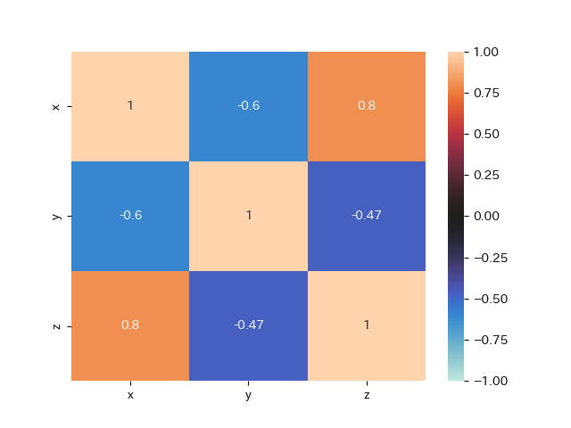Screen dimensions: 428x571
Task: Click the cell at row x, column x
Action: (130, 106)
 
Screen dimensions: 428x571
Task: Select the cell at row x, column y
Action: (248, 106)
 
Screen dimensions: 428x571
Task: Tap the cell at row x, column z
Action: (367, 106)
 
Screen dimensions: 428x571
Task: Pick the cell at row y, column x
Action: (130, 216)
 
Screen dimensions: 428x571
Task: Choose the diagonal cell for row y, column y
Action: (248, 216)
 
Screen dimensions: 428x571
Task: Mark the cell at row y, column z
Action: (367, 216)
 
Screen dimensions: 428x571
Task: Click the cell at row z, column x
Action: (130, 325)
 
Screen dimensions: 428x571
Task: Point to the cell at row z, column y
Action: (248, 325)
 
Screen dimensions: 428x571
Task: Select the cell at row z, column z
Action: (367, 325)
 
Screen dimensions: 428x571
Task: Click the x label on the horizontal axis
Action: (130, 394)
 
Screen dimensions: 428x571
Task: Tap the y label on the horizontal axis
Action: (248, 394)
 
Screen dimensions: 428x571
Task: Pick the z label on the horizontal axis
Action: (367, 394)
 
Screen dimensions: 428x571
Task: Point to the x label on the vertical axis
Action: (56, 106)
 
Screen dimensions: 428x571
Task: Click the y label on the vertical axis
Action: (56, 216)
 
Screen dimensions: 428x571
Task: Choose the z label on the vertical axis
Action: (56, 325)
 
